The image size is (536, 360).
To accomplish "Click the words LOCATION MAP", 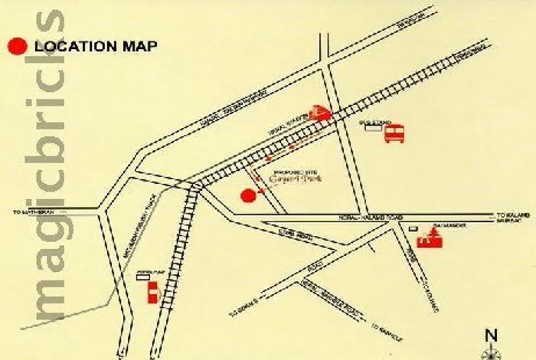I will (96, 46).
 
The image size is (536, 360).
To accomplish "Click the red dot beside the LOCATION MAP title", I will (17, 46).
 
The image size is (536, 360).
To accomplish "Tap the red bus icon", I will (394, 134).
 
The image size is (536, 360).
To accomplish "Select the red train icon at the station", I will (319, 112).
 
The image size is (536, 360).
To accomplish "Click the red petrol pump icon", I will (152, 291).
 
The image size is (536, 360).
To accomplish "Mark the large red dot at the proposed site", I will (247, 195).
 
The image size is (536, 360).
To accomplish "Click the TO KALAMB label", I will (511, 215).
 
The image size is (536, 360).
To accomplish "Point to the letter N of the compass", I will (491, 334).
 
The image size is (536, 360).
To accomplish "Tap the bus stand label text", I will (371, 121).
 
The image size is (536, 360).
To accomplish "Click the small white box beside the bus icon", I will (373, 130).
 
